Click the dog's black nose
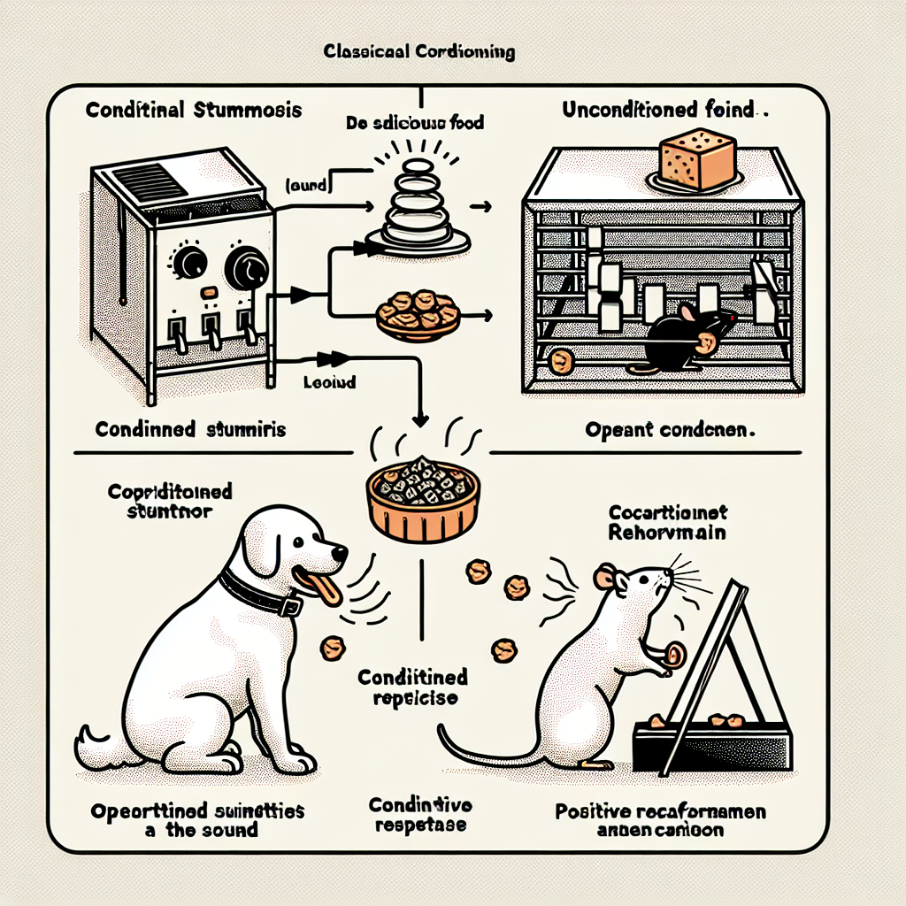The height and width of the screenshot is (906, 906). click(341, 554)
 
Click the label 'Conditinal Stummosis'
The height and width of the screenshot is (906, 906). click(194, 111)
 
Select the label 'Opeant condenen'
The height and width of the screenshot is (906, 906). click(669, 431)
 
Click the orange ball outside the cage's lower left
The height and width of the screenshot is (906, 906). click(559, 361)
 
